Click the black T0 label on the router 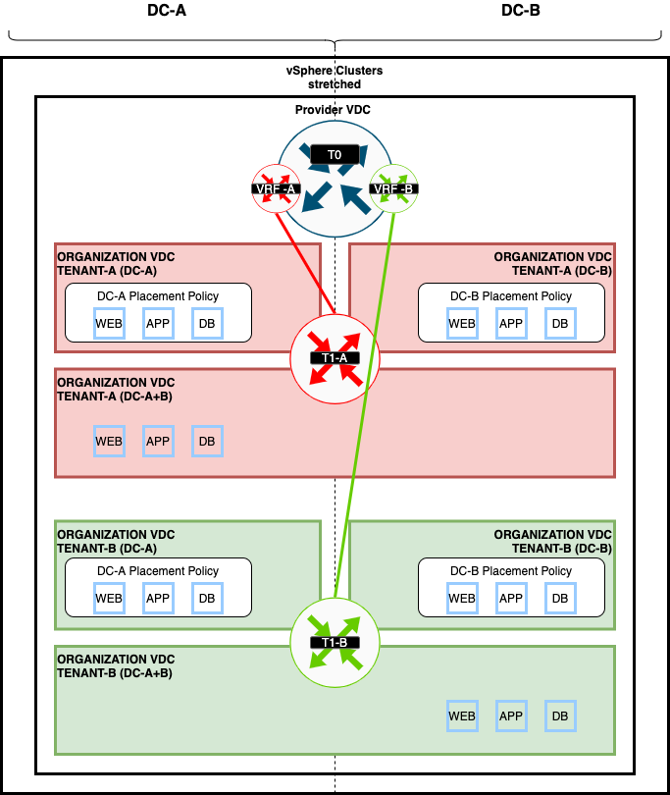(334, 155)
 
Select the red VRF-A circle (275, 188)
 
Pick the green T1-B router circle (335, 642)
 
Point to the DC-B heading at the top (520, 11)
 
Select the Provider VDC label (334, 110)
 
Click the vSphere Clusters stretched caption (335, 79)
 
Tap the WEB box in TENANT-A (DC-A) (109, 323)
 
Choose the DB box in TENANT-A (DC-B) (559, 323)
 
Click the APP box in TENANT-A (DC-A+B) (158, 441)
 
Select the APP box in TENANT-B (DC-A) (158, 598)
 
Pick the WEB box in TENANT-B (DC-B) (461, 598)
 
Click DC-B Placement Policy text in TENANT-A (510, 295)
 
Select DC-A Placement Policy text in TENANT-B (157, 570)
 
